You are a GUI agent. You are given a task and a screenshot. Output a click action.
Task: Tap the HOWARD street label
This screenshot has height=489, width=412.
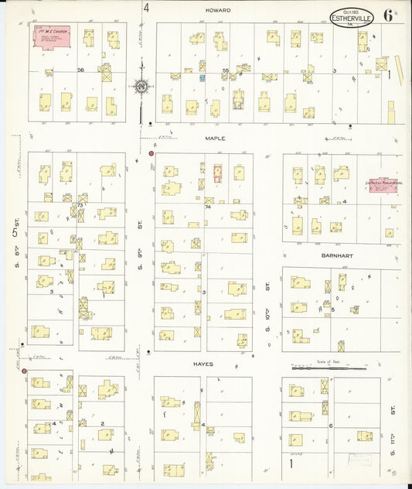point(215,10)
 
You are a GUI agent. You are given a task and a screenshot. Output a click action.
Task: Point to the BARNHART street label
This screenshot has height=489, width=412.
point(331,255)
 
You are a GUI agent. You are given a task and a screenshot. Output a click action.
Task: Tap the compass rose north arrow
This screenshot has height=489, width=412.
point(141,86)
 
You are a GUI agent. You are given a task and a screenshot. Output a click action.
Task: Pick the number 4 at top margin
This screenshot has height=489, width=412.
point(145,9)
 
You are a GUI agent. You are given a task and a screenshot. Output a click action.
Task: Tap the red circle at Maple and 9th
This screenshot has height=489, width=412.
point(151,154)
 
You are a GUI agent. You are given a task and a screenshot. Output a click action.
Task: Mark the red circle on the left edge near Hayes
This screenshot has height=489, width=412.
point(25,371)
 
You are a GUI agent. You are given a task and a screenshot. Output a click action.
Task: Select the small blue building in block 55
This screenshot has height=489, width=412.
point(203,78)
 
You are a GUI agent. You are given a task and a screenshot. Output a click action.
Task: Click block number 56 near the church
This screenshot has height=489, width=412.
point(80,70)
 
